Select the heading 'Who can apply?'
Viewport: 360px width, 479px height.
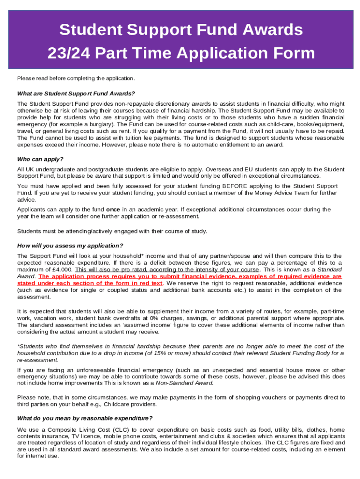coord(40,159)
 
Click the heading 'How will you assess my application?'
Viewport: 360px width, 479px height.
coord(70,246)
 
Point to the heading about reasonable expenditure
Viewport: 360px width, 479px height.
coord(85,418)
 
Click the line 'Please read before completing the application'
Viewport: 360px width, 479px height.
coord(76,78)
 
